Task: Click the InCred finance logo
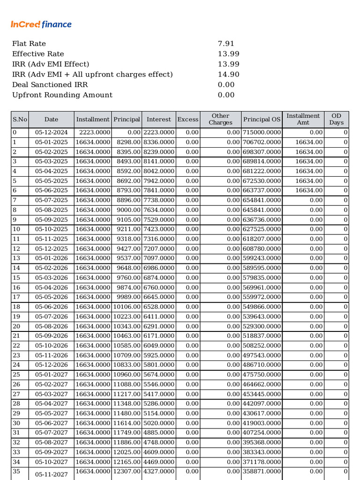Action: [41, 24]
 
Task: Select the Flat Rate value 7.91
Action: [226, 44]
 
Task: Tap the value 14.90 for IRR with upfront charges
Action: [229, 75]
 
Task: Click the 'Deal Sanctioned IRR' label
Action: [50, 85]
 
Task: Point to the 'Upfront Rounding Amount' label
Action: [62, 95]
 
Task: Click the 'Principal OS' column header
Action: [262, 120]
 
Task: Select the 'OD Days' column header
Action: [336, 120]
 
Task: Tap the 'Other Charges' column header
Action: [220, 120]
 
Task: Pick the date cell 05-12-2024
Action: [51, 133]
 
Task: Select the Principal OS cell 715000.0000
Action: [262, 133]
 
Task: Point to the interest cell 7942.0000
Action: [159, 181]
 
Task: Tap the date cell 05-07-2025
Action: [51, 200]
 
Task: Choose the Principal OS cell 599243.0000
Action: [262, 258]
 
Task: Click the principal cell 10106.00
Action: [127, 307]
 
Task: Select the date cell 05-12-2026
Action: [51, 365]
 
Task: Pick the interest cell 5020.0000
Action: [159, 423]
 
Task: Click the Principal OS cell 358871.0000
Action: [262, 471]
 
